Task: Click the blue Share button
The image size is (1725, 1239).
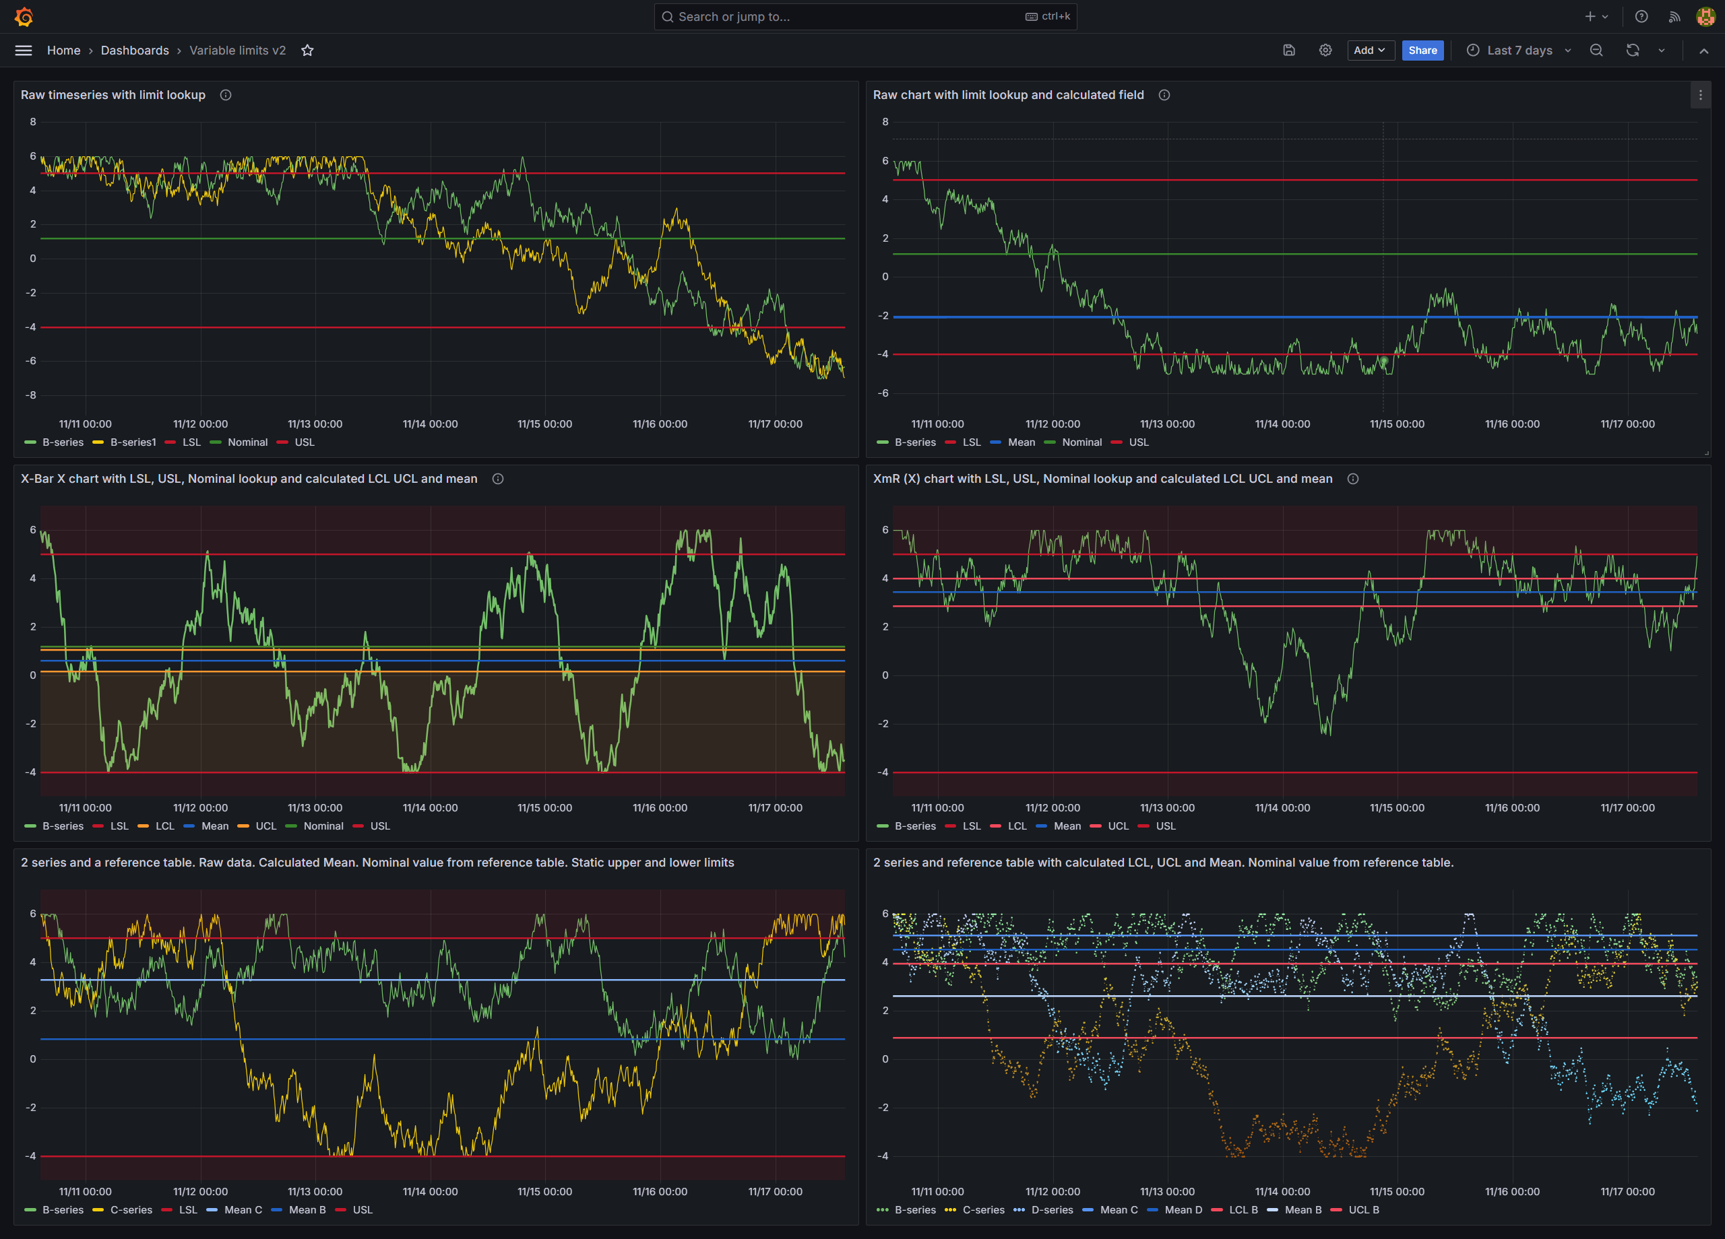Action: (1422, 51)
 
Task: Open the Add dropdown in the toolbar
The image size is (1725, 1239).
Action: (1370, 51)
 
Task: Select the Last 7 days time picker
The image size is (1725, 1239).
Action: (1518, 51)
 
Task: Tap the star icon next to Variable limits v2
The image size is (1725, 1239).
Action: (307, 51)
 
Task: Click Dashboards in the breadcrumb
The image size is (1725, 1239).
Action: (135, 51)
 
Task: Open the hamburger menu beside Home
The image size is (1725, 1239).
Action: (24, 51)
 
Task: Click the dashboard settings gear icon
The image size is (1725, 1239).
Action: (1325, 51)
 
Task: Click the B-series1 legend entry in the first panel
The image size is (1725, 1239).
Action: (132, 442)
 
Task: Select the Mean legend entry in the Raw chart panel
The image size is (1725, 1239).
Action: (1021, 442)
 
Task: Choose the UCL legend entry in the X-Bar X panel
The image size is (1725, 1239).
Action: (265, 826)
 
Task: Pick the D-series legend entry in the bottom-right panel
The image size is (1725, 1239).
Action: (1051, 1210)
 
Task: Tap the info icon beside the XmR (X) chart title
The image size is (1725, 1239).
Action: (1352, 479)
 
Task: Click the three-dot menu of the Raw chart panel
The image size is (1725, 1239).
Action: (1700, 95)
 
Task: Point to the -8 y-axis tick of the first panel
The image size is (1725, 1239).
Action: (32, 395)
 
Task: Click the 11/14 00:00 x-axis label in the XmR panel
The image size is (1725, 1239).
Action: (1282, 808)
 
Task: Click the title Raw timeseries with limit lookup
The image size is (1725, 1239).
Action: (113, 95)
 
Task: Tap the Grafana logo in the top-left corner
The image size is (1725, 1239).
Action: (24, 17)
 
